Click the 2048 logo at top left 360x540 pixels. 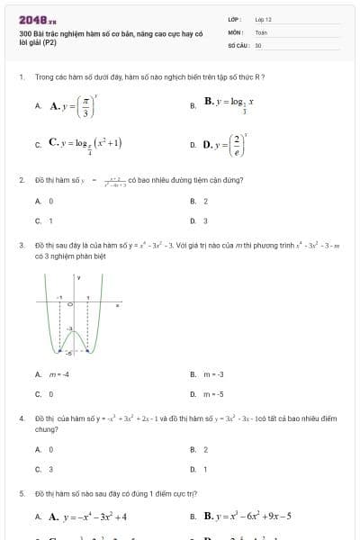[37, 19]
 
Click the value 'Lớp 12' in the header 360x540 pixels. [263, 19]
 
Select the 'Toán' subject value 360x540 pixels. [261, 31]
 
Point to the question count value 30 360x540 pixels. [258, 44]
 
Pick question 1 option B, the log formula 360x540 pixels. [229, 105]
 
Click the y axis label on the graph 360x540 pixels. [78, 278]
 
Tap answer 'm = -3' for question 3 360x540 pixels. [212, 374]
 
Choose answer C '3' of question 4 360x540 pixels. [50, 468]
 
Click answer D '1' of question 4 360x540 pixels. [205, 468]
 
